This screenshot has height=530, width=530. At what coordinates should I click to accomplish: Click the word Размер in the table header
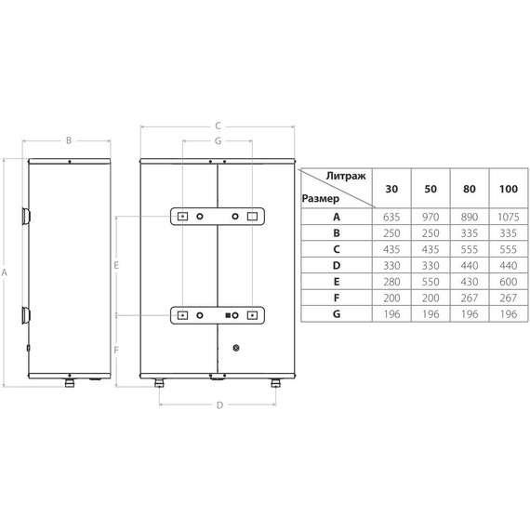pos(321,198)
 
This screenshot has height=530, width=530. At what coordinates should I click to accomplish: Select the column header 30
pos(391,189)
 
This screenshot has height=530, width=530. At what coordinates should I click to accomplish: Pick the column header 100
pos(508,189)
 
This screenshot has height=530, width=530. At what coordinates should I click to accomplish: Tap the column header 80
pos(469,189)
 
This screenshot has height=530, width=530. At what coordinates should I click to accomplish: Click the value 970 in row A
pos(431,217)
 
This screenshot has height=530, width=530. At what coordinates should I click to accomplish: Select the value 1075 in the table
pos(508,217)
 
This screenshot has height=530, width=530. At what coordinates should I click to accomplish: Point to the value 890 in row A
pos(469,217)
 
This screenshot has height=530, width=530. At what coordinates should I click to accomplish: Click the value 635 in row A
pos(391,217)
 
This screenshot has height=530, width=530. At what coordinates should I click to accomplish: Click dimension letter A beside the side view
pos(7,272)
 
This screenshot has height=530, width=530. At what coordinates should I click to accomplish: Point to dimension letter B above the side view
pos(68,141)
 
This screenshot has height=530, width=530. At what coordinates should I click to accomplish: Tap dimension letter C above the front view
pos(217,125)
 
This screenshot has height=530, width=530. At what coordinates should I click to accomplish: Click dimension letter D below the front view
pos(219,404)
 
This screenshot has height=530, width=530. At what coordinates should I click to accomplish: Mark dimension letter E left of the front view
pos(115,266)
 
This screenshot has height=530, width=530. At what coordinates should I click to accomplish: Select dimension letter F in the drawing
pos(115,350)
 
